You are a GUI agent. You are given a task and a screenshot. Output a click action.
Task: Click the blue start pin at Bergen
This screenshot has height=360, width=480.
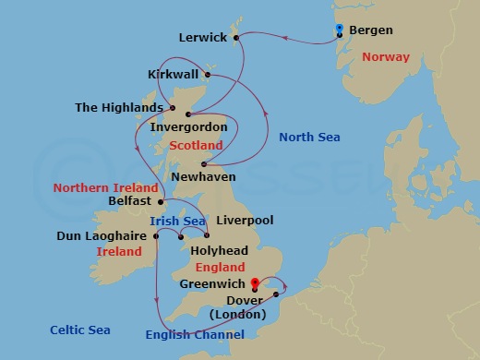click(340, 30)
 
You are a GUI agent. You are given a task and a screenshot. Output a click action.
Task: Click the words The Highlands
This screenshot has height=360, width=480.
click(119, 108)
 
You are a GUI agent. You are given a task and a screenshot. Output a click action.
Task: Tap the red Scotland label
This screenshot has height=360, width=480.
click(196, 146)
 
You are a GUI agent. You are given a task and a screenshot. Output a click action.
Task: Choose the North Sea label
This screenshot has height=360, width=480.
click(309, 138)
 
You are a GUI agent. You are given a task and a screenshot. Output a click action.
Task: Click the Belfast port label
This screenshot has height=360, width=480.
click(129, 201)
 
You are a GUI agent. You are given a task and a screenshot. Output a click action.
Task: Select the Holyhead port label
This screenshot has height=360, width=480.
click(218, 250)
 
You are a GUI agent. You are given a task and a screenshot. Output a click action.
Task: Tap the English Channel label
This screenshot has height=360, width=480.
click(195, 335)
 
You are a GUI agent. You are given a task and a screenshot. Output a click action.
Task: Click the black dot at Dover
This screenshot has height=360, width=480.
click(276, 295)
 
